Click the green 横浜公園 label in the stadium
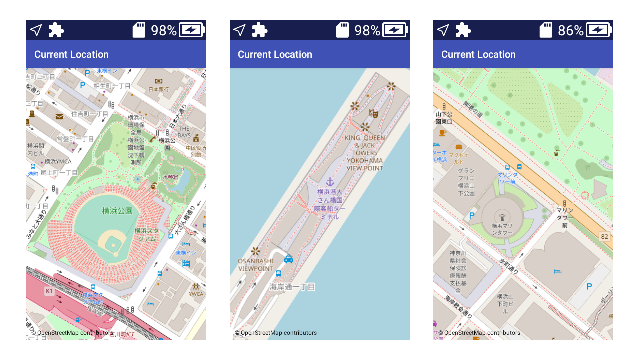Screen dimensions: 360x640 tap(117, 211)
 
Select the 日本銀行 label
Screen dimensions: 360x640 tap(159, 89)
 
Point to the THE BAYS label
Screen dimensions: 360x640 tap(184, 132)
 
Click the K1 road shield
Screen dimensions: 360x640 tap(49, 291)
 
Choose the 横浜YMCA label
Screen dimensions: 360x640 tap(58, 161)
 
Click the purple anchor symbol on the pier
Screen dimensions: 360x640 tap(329, 182)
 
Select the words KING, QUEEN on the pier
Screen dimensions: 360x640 tap(364, 138)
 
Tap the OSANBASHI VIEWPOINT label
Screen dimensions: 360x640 tap(256, 265)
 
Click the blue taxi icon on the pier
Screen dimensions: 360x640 tap(288, 259)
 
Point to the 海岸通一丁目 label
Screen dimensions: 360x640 tap(292, 287)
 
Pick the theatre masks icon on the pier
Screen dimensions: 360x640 tap(372, 113)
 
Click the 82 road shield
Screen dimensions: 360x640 tap(605, 236)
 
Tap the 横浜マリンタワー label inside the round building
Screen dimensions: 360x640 tap(502, 229)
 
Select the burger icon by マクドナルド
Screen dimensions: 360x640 tap(459, 147)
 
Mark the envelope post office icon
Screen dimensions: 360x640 tap(59, 117)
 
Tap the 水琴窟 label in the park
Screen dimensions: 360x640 tap(170, 177)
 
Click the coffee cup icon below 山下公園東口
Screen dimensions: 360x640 tap(442, 133)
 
